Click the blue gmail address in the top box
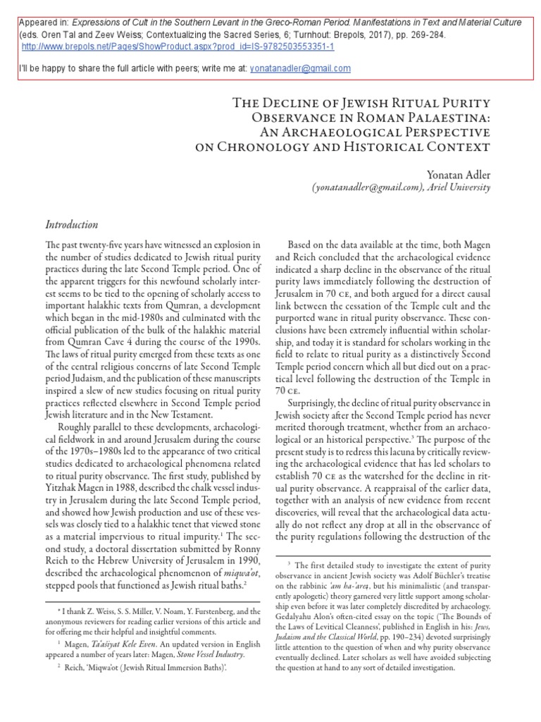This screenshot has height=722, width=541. (x=305, y=68)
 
